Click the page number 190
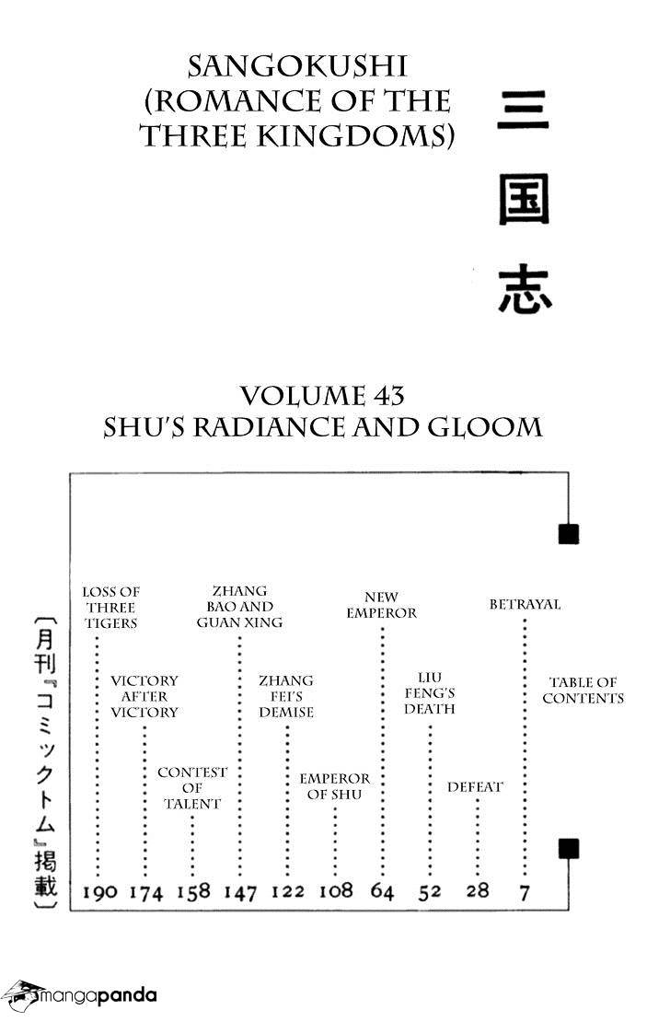pyautogui.click(x=99, y=891)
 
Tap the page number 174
pyautogui.click(x=146, y=891)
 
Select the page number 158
pyautogui.click(x=193, y=891)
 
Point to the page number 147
pyautogui.click(x=240, y=891)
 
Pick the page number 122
pyautogui.click(x=287, y=891)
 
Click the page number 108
pyautogui.click(x=336, y=890)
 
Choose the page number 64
pyautogui.click(x=383, y=891)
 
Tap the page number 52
pyautogui.click(x=430, y=891)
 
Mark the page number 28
pyautogui.click(x=478, y=890)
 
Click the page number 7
pyautogui.click(x=526, y=891)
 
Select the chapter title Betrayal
pyautogui.click(x=525, y=604)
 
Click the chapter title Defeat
pyautogui.click(x=475, y=786)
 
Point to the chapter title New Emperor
pyautogui.click(x=381, y=605)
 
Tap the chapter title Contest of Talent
pyautogui.click(x=192, y=788)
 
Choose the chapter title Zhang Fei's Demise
pyautogui.click(x=286, y=696)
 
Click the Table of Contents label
pyautogui.click(x=583, y=691)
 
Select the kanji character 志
pyautogui.click(x=525, y=291)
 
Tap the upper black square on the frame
pyautogui.click(x=569, y=534)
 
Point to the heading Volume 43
pyautogui.click(x=322, y=396)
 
